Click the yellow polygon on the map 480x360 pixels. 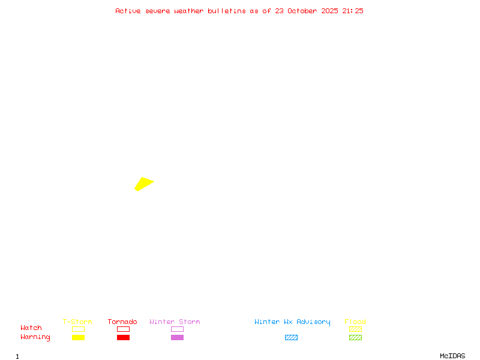(x=143, y=183)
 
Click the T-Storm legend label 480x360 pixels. (x=77, y=322)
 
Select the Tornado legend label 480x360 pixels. (x=122, y=322)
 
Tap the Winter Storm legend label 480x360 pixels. (x=175, y=322)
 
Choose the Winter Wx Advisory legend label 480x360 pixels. (x=292, y=322)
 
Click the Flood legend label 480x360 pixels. (x=355, y=322)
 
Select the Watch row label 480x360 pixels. (x=31, y=328)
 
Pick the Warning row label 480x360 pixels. (x=35, y=337)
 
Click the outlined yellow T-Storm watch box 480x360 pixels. (x=78, y=329)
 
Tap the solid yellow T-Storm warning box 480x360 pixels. (x=78, y=337)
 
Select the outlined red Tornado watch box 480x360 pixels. (x=123, y=329)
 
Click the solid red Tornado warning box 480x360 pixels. (x=123, y=337)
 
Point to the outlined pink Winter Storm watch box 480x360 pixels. (x=177, y=329)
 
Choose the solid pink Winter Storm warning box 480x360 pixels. (x=177, y=337)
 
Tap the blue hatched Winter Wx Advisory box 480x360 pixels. (x=291, y=337)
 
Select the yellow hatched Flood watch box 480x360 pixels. (x=355, y=329)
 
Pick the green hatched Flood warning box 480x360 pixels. (x=355, y=337)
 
